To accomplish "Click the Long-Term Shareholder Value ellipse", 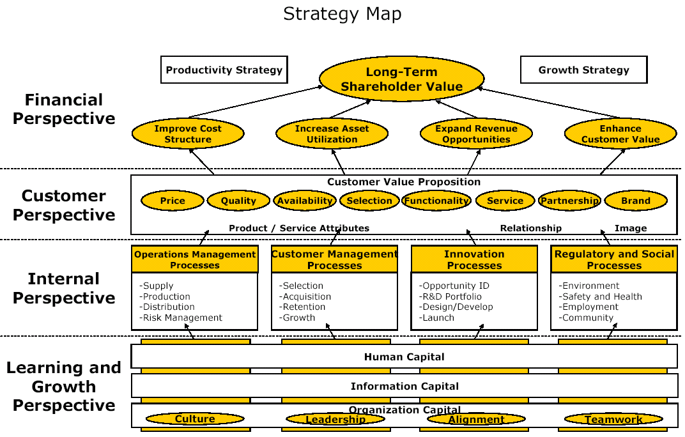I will point(401,79).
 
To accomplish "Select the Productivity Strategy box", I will point(224,70).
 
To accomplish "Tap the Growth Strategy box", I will point(583,70).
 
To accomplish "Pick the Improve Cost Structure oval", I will point(188,134).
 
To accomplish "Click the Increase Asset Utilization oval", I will point(332,134).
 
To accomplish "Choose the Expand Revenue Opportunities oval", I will point(476,134).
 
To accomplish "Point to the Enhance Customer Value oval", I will point(620,134).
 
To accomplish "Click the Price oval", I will point(173,201).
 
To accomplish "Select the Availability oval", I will point(305,201).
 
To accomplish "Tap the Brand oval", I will point(636,201).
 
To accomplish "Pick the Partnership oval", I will point(569,201).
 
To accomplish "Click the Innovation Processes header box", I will point(474,259).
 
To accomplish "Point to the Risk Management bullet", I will point(182,318).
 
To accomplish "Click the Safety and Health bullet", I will point(601,296).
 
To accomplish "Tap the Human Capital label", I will point(404,356).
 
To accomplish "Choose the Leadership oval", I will point(335,419).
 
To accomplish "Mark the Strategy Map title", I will point(342,13).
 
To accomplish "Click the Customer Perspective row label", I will point(64,205).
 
